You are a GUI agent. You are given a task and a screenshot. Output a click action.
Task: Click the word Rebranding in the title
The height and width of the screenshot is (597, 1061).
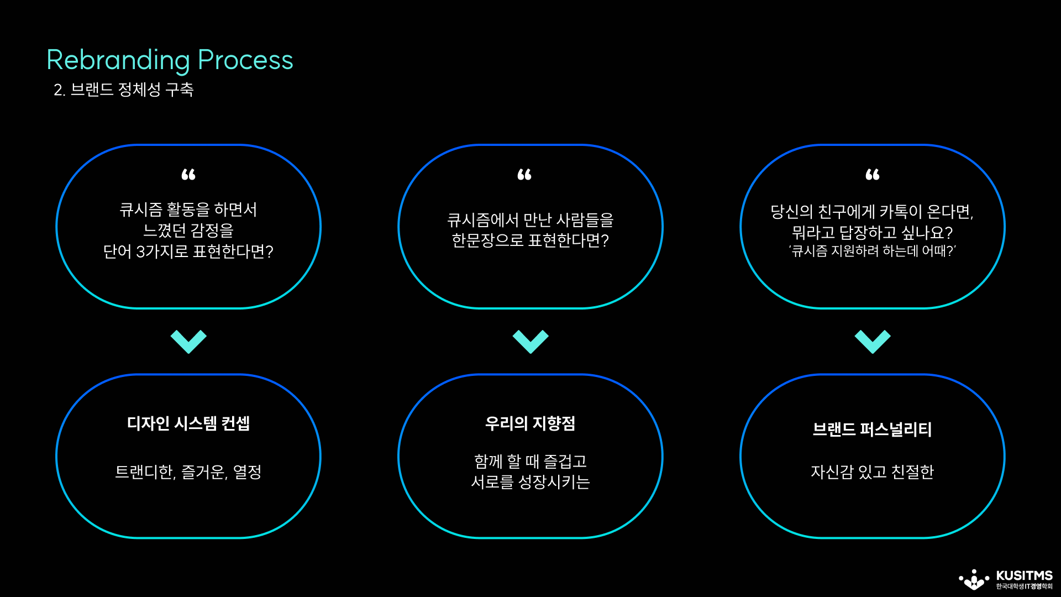118,60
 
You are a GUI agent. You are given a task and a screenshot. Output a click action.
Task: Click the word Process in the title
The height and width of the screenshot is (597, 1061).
245,60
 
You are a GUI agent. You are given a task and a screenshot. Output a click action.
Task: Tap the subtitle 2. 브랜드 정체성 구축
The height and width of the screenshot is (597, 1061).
123,90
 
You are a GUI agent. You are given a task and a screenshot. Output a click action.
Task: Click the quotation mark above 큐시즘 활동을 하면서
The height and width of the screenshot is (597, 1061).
188,175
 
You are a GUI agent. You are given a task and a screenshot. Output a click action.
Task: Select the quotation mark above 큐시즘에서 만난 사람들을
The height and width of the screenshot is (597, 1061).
524,175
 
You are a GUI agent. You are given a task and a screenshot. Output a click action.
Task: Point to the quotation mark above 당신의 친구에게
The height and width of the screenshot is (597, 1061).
873,175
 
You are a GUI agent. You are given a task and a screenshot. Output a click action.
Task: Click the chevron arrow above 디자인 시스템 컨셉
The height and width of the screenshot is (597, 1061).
188,341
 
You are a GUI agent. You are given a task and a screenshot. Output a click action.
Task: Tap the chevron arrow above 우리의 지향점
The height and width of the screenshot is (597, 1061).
530,341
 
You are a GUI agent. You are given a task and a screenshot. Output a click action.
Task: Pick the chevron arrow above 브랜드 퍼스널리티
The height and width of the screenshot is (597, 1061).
873,341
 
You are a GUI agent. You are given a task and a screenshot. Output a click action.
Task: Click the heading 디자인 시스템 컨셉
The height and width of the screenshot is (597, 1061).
188,423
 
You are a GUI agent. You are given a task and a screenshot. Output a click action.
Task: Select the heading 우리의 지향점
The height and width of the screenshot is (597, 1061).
530,423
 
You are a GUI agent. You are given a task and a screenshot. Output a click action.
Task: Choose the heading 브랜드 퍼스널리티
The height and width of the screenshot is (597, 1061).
872,430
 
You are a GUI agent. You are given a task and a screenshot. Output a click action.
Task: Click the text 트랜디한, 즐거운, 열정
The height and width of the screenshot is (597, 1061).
188,472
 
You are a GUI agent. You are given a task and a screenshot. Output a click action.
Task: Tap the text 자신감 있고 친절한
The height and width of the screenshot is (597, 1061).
872,472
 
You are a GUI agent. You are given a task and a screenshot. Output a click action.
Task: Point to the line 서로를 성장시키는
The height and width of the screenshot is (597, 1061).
530,482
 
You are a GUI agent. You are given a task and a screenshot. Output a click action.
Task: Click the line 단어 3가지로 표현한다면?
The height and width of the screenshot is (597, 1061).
188,252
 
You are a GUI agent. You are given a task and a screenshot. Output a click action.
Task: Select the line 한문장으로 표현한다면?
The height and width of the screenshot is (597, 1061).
530,241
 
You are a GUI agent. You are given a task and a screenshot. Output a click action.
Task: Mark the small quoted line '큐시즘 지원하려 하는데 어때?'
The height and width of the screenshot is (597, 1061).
872,251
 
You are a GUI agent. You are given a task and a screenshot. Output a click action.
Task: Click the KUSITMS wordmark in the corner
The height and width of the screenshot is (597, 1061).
1024,575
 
